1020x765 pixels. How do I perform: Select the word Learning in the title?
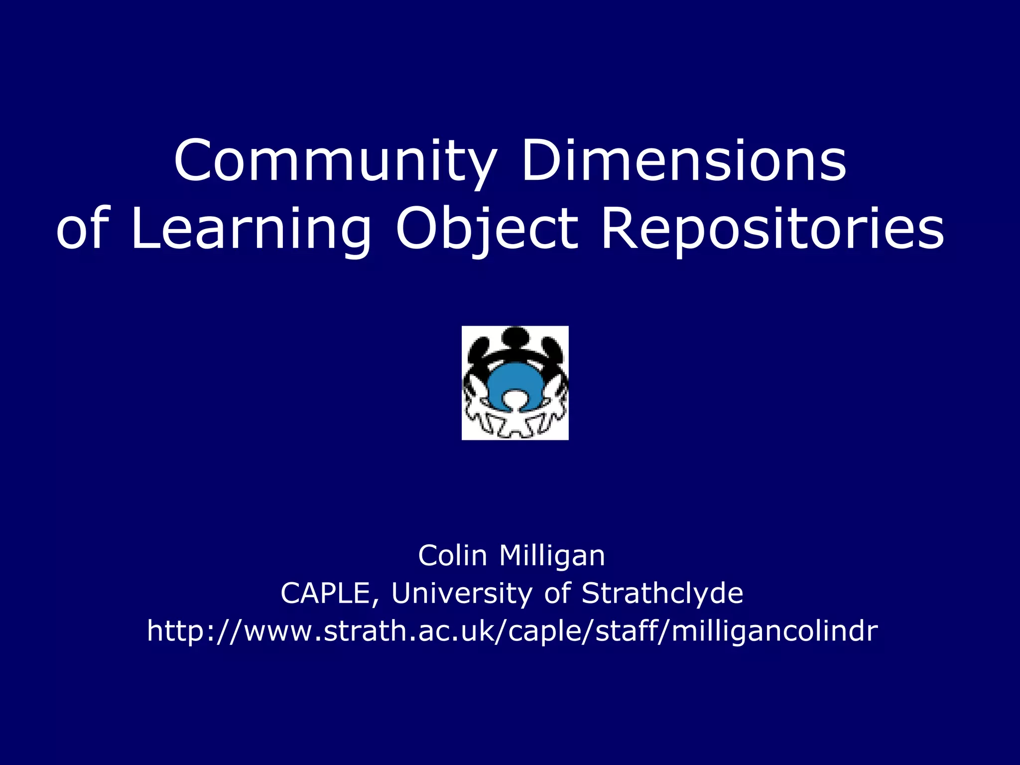click(251, 229)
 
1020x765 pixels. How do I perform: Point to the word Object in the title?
click(487, 229)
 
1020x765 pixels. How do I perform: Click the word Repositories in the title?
click(772, 229)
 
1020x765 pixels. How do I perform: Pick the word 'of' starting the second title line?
click(82, 229)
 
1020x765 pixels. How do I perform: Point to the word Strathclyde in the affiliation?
click(662, 593)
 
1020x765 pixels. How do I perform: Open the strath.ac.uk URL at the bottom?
click(512, 631)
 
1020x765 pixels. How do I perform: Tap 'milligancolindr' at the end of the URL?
click(774, 631)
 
